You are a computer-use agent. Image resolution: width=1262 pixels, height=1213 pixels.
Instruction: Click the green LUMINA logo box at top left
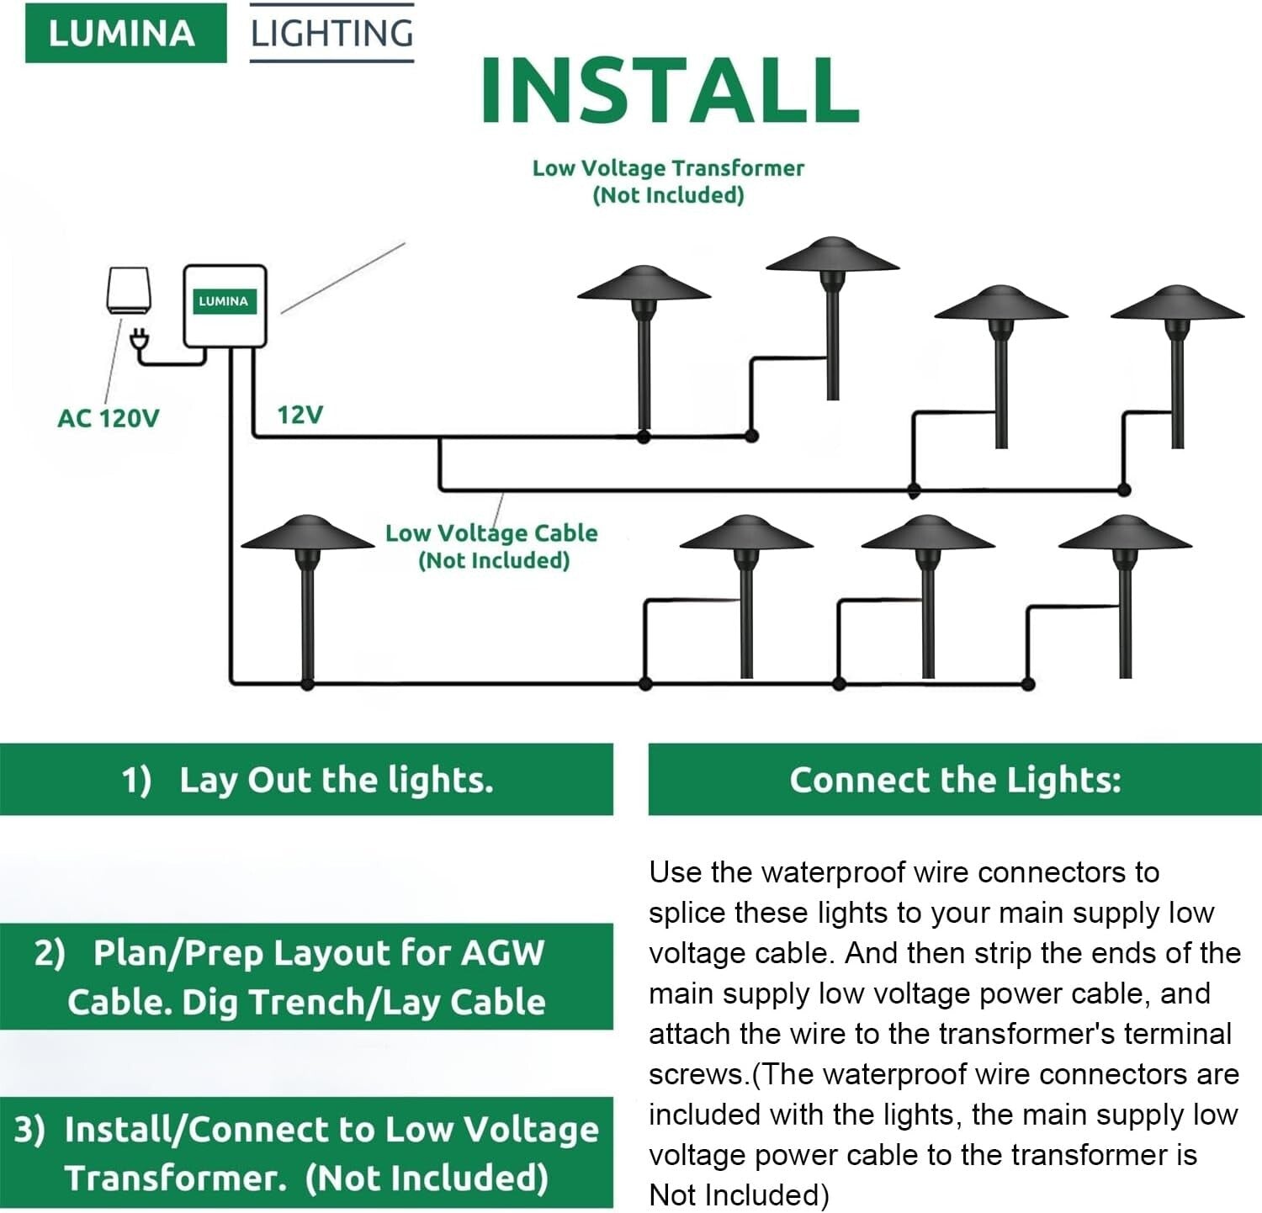pos(125,34)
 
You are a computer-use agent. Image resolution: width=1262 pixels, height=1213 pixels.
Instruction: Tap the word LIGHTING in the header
pos(331,34)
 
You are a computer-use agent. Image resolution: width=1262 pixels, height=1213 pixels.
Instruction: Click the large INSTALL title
pos(670,90)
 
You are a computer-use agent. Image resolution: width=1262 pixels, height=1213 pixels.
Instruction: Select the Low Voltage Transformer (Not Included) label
pos(668,181)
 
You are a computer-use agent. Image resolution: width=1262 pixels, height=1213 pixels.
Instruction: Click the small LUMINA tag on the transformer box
pos(224,301)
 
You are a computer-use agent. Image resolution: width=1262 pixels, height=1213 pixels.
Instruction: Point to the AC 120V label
pos(108,418)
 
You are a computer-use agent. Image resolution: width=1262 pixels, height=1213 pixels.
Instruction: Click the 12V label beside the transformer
pos(300,415)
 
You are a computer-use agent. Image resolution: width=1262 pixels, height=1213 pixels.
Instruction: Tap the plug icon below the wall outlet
pos(140,341)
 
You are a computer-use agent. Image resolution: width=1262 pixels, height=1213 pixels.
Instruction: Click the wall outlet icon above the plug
pos(129,290)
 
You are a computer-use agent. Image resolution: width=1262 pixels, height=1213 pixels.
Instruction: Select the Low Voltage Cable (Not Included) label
pos(492,546)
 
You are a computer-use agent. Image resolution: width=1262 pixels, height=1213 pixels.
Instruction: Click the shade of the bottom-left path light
pos(308,535)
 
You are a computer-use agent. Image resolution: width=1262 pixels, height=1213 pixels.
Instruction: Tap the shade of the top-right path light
pos(1177,305)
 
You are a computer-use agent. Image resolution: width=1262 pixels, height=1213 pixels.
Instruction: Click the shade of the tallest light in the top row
pos(832,256)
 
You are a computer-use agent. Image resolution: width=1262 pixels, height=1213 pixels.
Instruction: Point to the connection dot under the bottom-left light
pos(308,684)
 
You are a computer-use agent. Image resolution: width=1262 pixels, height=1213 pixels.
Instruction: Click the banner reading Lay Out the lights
pos(306,780)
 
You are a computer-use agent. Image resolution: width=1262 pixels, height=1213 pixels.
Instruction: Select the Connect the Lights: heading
pos(955,780)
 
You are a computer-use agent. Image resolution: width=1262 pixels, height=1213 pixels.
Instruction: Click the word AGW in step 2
pos(502,953)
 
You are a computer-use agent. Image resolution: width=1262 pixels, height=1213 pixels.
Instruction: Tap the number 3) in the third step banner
pos(29,1130)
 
